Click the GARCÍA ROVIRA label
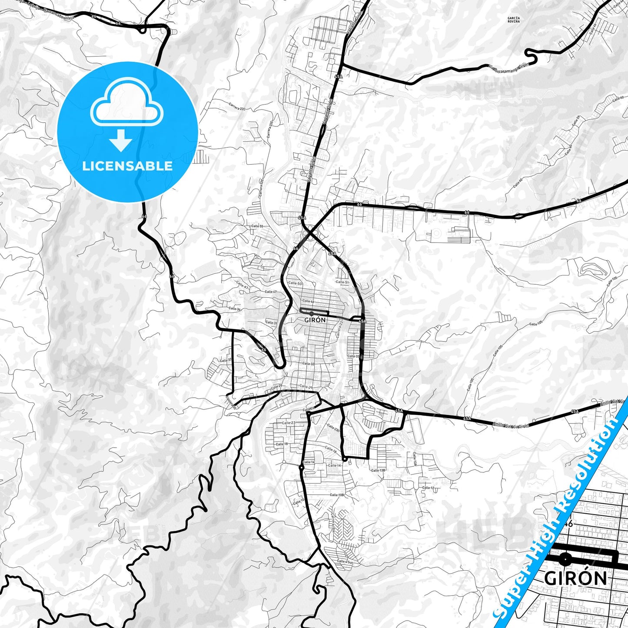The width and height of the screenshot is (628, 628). point(513,19)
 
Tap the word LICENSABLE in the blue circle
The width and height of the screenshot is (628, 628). point(127,166)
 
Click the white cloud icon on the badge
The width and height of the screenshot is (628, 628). point(126,106)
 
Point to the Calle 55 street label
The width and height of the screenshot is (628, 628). point(257,226)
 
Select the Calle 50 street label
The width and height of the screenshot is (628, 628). point(295,283)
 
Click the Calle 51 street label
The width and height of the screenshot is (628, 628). point(342,282)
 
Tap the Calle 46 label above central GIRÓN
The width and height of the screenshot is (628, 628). point(308,301)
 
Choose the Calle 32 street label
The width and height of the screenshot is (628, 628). point(308,363)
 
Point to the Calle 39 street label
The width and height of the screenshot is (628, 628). point(271,322)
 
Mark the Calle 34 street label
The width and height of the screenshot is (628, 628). point(235,309)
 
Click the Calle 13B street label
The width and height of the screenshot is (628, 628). point(378,470)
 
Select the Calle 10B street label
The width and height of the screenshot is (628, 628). point(337,495)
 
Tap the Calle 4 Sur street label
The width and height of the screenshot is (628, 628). point(346,562)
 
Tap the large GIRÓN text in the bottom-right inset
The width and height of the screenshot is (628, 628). point(575,578)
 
